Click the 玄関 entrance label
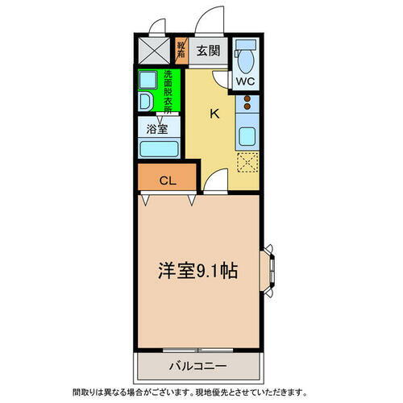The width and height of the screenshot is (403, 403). (208, 51)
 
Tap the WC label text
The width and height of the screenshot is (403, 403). (245, 81)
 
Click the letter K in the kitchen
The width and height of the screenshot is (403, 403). (214, 113)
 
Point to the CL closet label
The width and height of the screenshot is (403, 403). (168, 181)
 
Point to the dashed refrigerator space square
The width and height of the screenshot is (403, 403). (247, 162)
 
